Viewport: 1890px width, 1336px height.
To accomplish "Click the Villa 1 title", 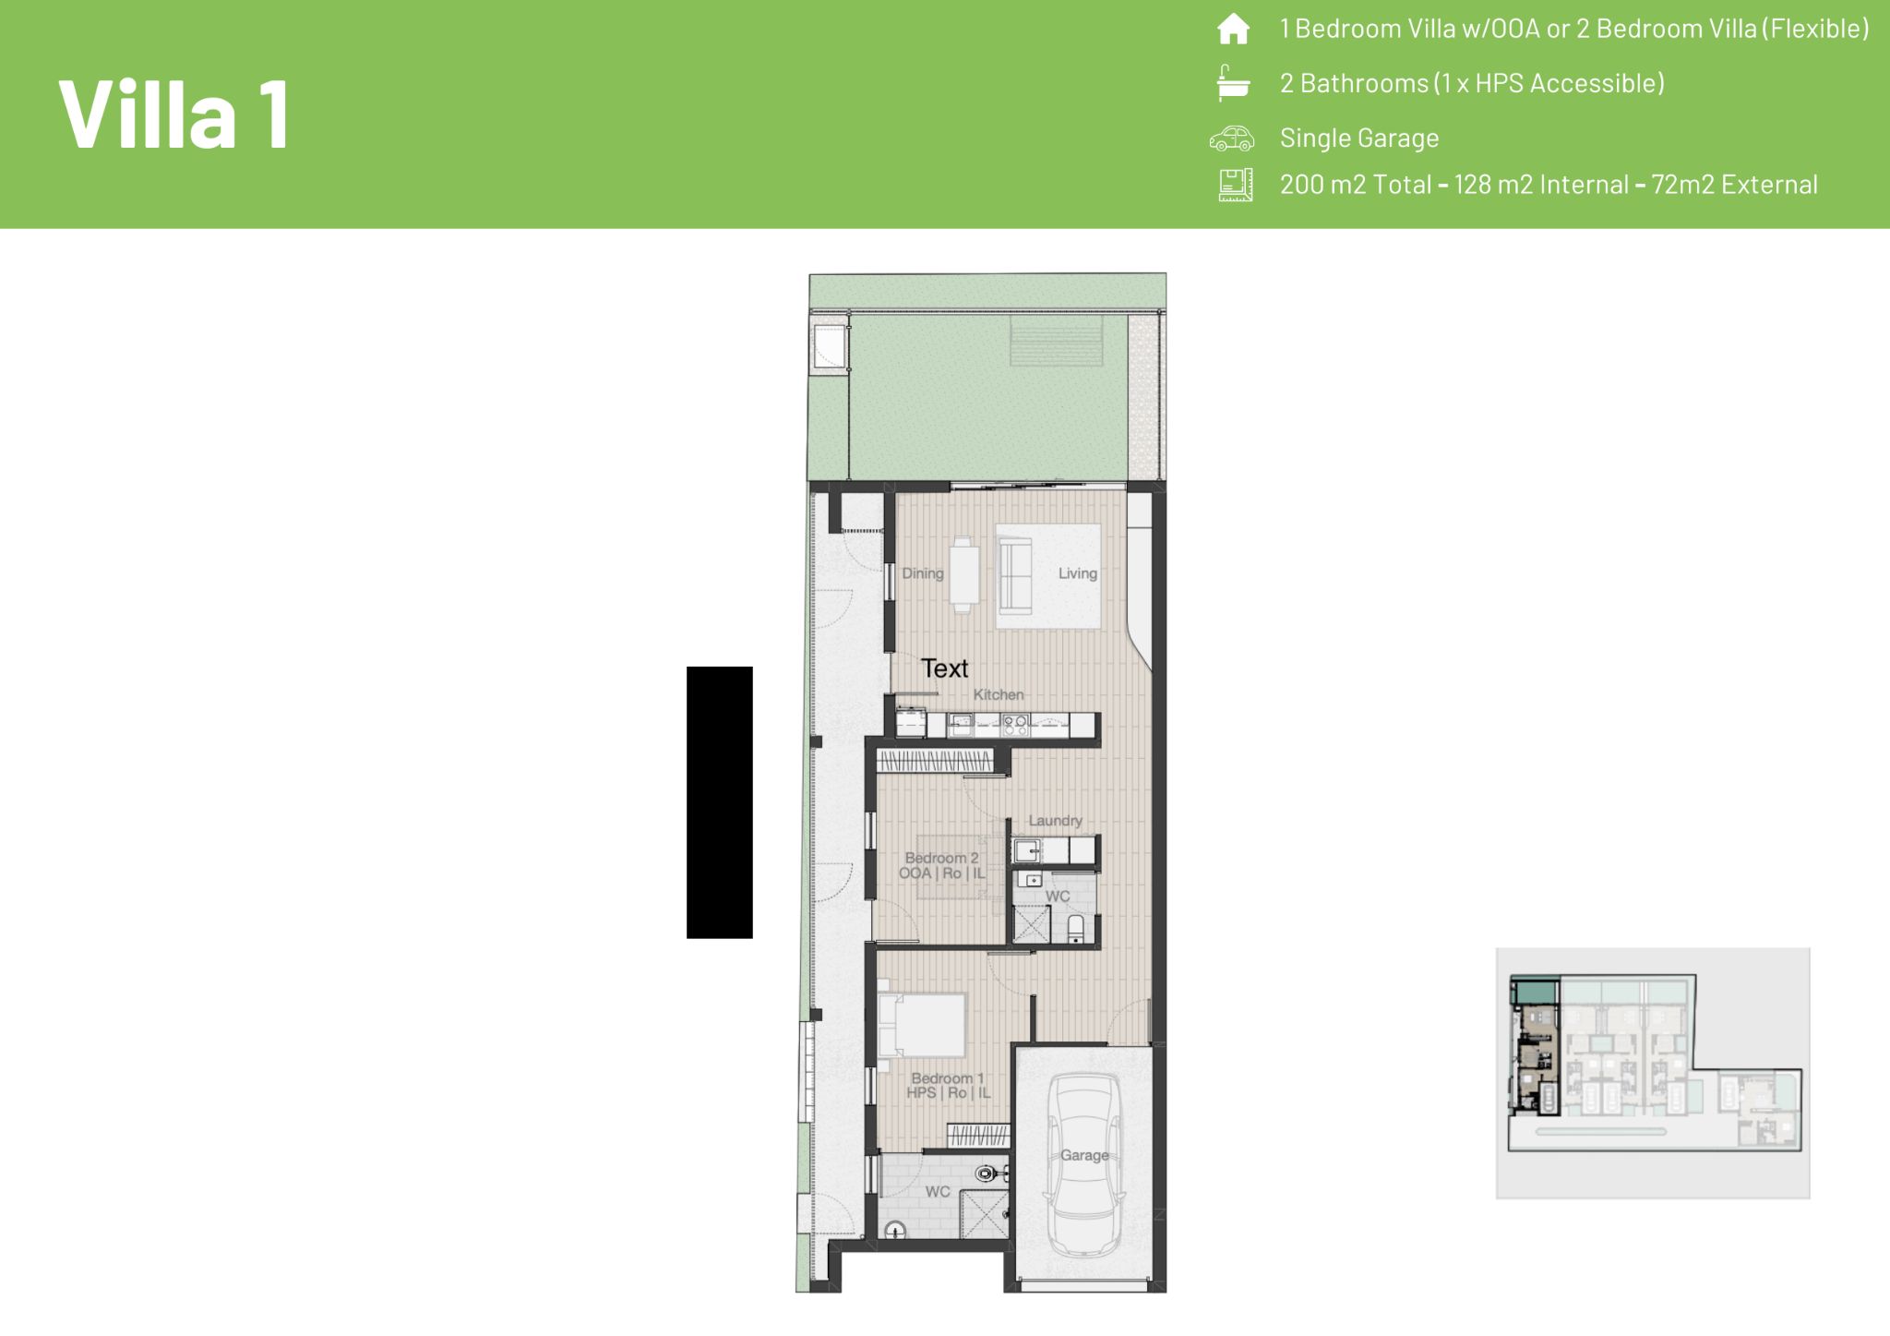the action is (x=174, y=114).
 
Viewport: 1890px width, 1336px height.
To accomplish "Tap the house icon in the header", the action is (x=1234, y=30).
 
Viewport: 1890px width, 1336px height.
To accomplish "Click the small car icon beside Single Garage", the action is (x=1232, y=138).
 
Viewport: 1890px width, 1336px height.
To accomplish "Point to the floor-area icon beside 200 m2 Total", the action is (x=1236, y=185).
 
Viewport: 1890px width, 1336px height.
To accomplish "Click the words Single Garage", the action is (x=1359, y=138).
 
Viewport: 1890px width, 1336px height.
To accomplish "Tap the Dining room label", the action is (x=923, y=573).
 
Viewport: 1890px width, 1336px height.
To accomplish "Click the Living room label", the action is (x=1078, y=573).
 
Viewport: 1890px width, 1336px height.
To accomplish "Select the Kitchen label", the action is (x=999, y=694).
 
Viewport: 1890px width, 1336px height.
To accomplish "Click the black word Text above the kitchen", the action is (x=945, y=668).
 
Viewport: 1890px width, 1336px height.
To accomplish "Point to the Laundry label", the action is (x=1056, y=821).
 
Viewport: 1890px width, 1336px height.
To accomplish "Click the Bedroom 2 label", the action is (x=942, y=858).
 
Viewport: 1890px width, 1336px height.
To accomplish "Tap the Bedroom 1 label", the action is (x=948, y=1078).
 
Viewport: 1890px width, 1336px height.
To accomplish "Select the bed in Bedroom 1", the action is (x=921, y=1025).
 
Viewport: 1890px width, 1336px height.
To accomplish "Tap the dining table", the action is (x=965, y=574).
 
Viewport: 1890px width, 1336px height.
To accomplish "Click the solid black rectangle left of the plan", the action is (x=720, y=802).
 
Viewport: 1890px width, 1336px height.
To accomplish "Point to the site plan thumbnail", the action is (x=1653, y=1073).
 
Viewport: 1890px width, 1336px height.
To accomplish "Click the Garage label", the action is (x=1084, y=1155).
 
